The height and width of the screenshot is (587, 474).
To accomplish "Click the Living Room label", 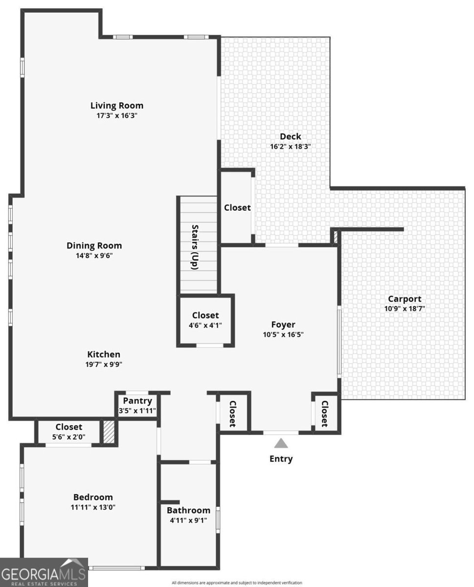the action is [117, 105].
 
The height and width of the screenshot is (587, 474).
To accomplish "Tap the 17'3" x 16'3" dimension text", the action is [117, 115].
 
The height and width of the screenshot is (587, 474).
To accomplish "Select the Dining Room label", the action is [94, 246].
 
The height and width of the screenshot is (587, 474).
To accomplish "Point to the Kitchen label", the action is [104, 354].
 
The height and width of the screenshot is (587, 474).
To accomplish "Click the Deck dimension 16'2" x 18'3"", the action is [291, 146].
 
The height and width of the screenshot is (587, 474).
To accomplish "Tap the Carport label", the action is [405, 299].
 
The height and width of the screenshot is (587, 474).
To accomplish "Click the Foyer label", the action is [283, 324].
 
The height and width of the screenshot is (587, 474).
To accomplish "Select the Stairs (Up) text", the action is [195, 247].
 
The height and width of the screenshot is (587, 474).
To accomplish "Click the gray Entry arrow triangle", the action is [281, 443].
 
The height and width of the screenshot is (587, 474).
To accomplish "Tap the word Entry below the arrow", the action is [281, 459].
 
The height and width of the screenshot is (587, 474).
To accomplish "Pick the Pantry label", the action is [137, 401].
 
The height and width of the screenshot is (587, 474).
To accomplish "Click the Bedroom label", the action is [93, 497].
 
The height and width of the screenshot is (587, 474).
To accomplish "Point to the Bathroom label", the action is [188, 510].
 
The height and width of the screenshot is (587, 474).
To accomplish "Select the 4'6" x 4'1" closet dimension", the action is [205, 325].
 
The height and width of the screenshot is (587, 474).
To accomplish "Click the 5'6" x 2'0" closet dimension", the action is [68, 437].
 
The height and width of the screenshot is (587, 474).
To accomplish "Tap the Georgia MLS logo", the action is [44, 572].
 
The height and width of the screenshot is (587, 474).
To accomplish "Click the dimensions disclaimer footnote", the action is [237, 583].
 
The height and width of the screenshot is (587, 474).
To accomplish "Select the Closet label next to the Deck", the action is [237, 207].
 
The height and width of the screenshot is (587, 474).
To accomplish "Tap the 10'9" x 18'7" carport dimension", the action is [405, 309].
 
